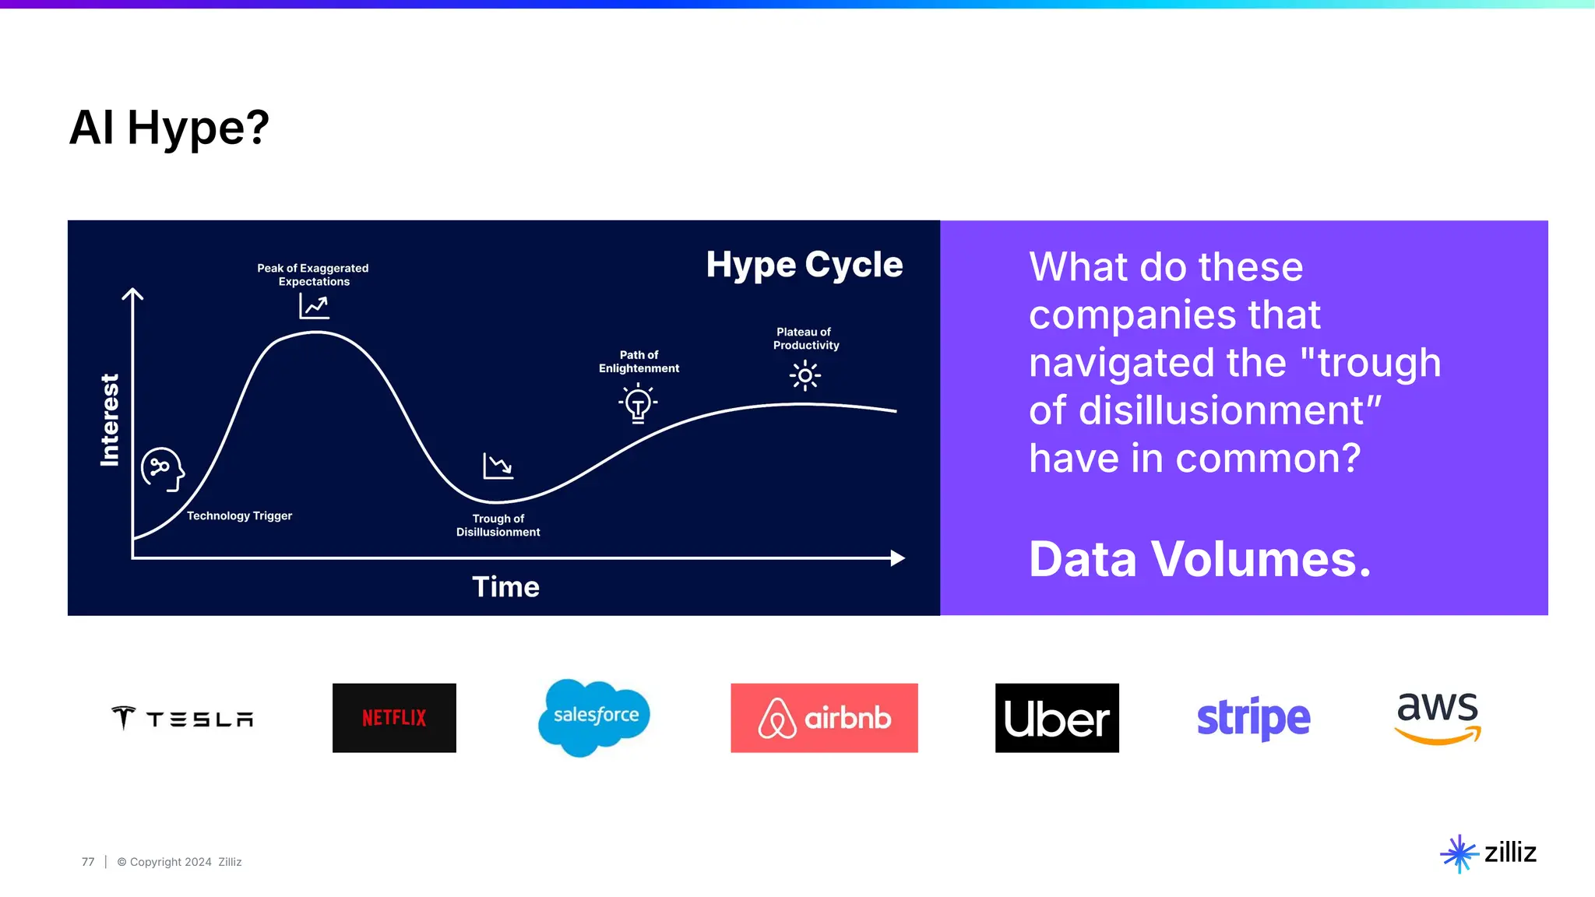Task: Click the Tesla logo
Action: click(182, 718)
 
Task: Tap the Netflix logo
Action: click(394, 718)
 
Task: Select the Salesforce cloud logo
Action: click(595, 716)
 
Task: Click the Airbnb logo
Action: click(824, 718)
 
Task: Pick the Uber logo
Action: click(1057, 718)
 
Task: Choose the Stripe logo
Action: click(1253, 718)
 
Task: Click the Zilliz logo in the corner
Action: click(1488, 853)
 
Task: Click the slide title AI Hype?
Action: click(169, 128)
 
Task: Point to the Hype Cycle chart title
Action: click(804, 265)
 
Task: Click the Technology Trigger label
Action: click(239, 515)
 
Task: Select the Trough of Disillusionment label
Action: click(498, 525)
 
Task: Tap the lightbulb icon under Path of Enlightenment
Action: click(638, 403)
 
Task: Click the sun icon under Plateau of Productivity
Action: click(805, 375)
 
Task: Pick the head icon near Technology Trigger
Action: click(162, 469)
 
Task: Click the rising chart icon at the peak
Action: click(314, 306)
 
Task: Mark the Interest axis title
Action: click(110, 420)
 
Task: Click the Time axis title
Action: click(505, 586)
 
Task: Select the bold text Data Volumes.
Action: click(1199, 559)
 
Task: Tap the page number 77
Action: click(88, 862)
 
